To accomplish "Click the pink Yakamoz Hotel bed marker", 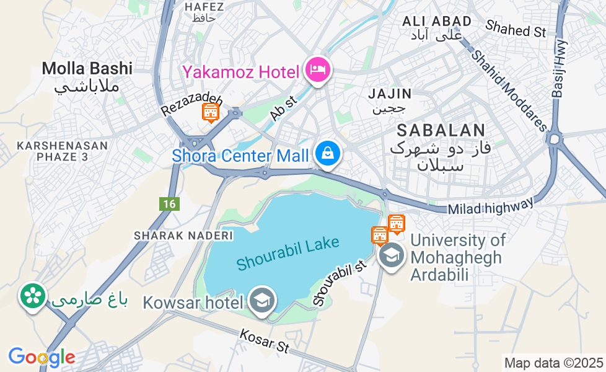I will (x=318, y=70).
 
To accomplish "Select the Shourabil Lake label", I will (x=288, y=252).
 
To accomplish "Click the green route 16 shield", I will (x=169, y=203).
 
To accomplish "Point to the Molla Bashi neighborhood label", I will (x=87, y=68).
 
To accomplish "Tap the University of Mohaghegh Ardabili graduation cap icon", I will (x=391, y=255).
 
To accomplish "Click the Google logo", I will (x=42, y=357).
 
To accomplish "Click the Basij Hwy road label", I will (x=559, y=68).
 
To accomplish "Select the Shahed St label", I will (x=516, y=29).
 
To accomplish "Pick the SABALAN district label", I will (x=441, y=130).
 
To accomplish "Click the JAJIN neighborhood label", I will (x=390, y=94).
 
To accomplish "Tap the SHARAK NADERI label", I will (x=183, y=236).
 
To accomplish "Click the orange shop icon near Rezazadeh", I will (x=211, y=112).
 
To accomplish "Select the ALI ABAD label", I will (x=437, y=21).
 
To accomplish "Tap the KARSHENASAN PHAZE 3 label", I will (x=63, y=151).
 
